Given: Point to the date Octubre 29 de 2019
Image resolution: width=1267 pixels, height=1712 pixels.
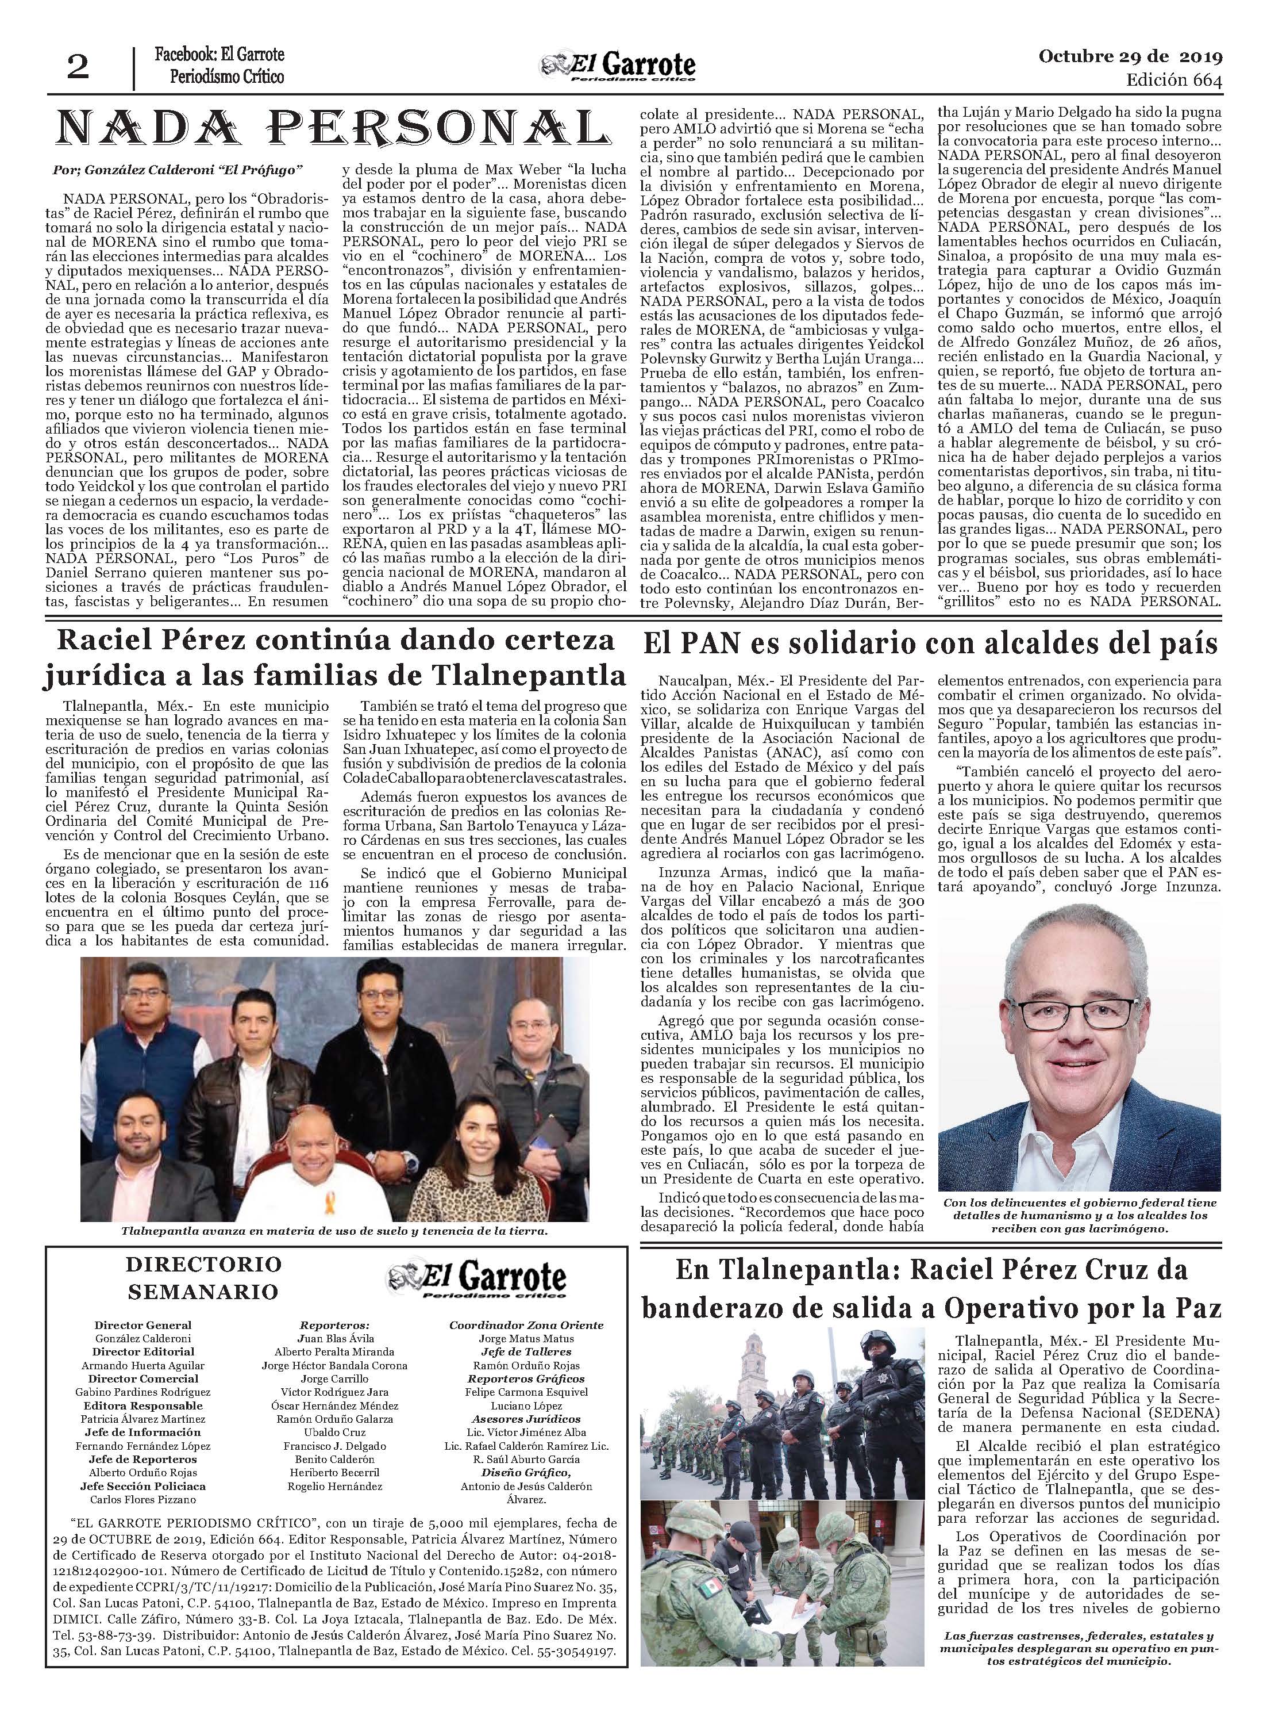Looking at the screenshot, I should coord(1130,56).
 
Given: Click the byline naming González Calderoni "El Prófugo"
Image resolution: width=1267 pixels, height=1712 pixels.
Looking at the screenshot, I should coord(179,169).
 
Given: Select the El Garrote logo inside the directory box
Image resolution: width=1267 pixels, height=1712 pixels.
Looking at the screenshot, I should coord(478,1281).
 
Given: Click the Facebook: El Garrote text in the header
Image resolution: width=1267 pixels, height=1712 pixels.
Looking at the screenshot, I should coord(218,55).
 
